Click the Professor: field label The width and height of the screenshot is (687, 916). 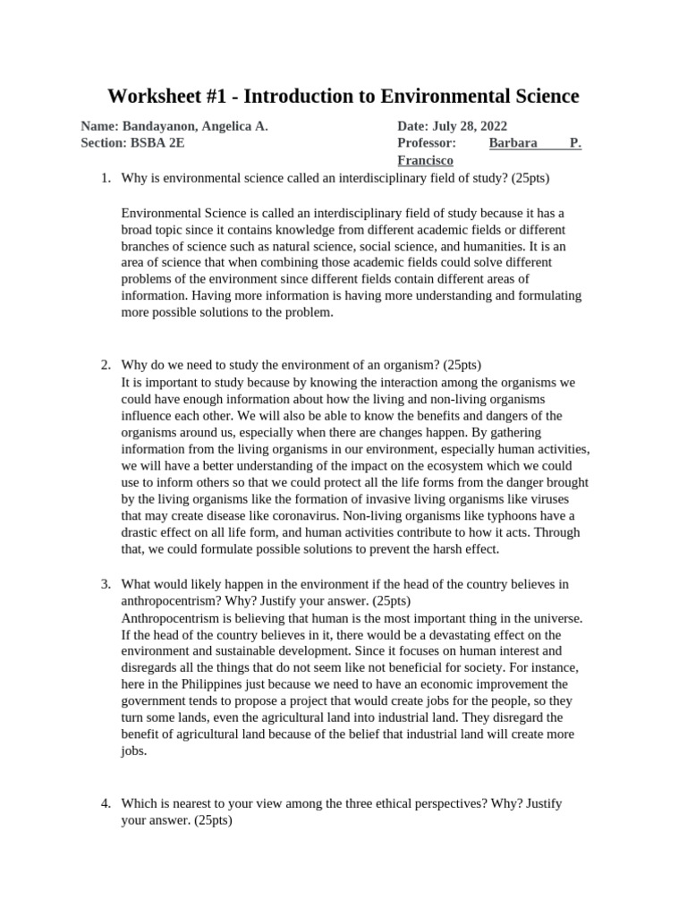tap(427, 143)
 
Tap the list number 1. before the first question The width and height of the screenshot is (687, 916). tap(106, 178)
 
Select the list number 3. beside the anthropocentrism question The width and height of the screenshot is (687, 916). tap(106, 584)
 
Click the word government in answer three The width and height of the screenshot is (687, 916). tap(156, 701)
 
